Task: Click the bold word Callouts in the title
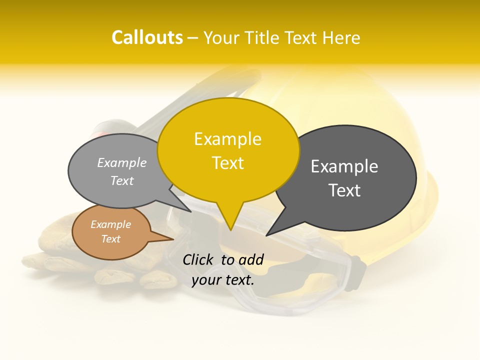tap(147, 37)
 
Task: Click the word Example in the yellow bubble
tap(227, 139)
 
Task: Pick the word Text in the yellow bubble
tap(228, 163)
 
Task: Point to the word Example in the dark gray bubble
tap(344, 166)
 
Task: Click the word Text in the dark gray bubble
tap(344, 190)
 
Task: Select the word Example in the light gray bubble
tap(122, 162)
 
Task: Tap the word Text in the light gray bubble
tap(122, 180)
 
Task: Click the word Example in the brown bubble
tap(111, 224)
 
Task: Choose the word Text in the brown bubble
tap(111, 239)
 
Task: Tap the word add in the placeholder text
tap(250, 259)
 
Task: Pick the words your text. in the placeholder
tap(223, 280)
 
